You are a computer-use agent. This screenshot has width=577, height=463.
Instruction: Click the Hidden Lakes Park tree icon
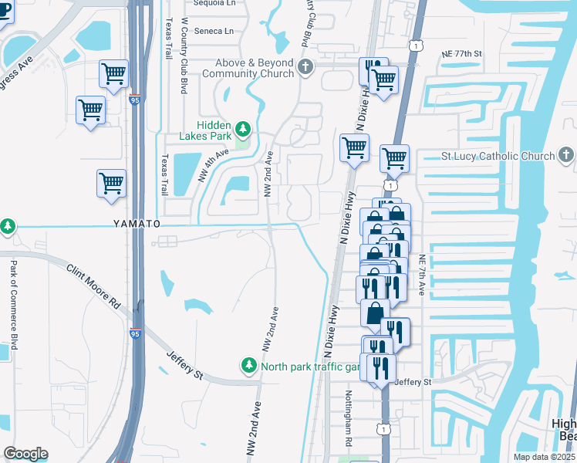point(243,128)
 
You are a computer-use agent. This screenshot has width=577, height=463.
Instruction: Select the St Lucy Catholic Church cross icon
point(565,156)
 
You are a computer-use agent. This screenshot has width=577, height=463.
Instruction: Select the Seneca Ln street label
point(218,31)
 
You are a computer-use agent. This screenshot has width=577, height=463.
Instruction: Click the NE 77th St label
point(462,54)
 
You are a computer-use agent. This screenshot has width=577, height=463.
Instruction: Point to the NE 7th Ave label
point(422,275)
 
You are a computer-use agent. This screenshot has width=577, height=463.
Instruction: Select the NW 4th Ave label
point(214,164)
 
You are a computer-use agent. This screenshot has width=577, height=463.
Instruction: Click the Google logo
point(25,453)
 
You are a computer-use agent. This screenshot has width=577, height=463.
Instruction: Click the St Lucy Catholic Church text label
point(498,156)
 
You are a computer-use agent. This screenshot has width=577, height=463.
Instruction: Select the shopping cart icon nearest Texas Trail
point(112,184)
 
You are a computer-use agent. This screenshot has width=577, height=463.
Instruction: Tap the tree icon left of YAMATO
point(8,226)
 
